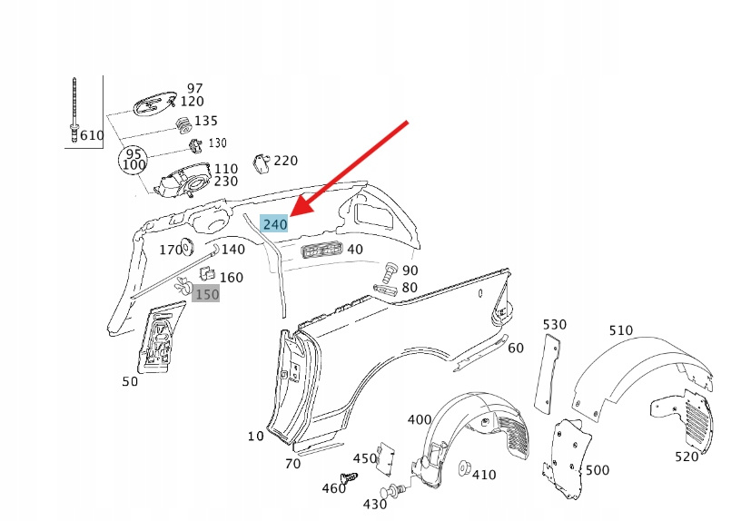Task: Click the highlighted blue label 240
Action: pyautogui.click(x=274, y=223)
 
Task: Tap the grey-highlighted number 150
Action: pyautogui.click(x=207, y=294)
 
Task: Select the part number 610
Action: pyautogui.click(x=92, y=135)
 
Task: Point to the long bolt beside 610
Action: pyautogui.click(x=72, y=109)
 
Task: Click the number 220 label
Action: pyautogui.click(x=285, y=161)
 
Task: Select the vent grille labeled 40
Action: pyautogui.click(x=312, y=251)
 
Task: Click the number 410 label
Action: pyautogui.click(x=484, y=475)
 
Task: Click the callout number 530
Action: pyautogui.click(x=554, y=324)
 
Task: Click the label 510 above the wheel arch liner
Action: pyautogui.click(x=621, y=330)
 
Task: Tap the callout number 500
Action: pyautogui.click(x=598, y=470)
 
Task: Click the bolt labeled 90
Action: pyautogui.click(x=390, y=270)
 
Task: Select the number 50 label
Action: pyautogui.click(x=130, y=382)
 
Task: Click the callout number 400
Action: pyautogui.click(x=419, y=419)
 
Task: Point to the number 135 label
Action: pyautogui.click(x=206, y=121)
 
